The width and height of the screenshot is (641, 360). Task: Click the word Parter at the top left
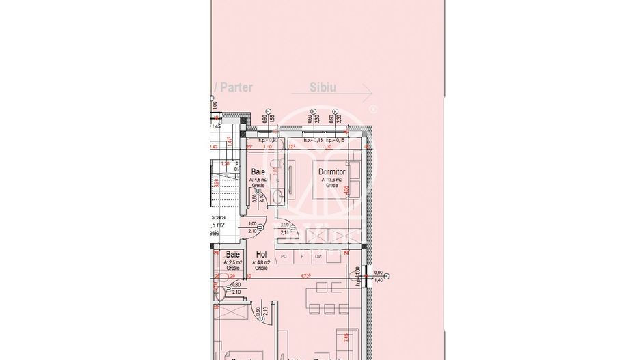click(237, 87)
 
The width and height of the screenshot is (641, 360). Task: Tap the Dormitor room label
click(333, 173)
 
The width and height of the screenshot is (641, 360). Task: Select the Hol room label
click(261, 254)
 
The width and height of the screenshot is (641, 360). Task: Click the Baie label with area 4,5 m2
click(258, 172)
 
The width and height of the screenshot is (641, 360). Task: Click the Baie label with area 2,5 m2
click(233, 255)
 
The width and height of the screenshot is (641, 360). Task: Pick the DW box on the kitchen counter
click(318, 255)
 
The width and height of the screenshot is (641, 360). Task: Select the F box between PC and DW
click(301, 255)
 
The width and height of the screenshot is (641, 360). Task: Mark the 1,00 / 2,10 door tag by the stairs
click(252, 227)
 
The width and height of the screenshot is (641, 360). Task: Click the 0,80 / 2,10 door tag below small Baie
click(236, 288)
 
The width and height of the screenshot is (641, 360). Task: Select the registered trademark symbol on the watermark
click(372, 109)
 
